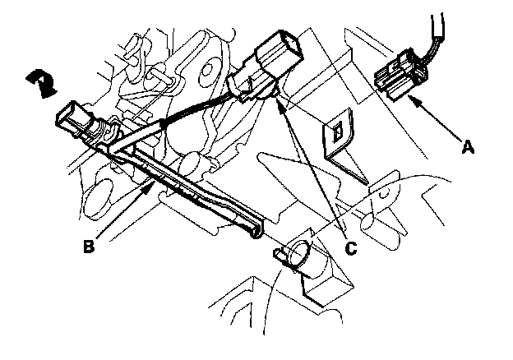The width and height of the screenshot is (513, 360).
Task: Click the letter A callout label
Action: [468, 148]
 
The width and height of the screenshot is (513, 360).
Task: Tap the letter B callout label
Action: [90, 243]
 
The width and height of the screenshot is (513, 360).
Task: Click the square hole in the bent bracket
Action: [338, 129]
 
